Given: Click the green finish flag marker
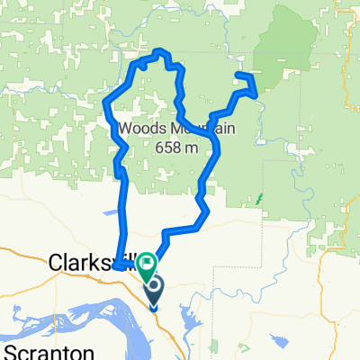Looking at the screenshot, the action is pos(145,262).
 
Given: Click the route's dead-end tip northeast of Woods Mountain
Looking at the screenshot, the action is pos(238,75).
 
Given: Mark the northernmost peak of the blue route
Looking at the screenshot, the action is pos(160,51).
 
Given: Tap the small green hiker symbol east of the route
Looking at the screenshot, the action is pos(260,195).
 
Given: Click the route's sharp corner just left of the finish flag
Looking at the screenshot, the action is pos(117,265).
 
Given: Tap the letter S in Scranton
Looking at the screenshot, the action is pos(10,350).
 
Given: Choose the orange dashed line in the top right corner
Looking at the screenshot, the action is pos(349,36).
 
